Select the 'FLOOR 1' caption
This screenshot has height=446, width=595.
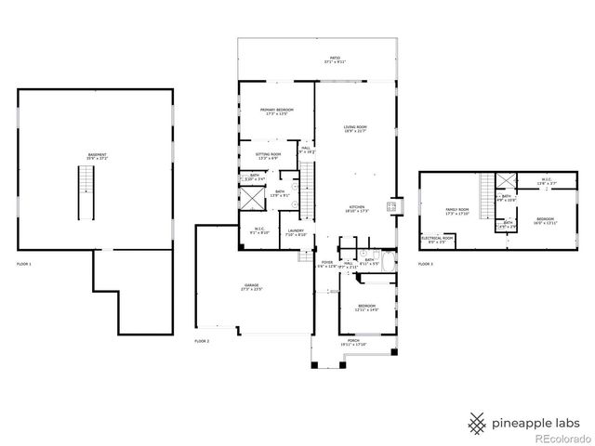coord(24,265)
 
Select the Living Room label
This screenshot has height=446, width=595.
coord(355,129)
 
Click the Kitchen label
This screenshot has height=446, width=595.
coord(357,208)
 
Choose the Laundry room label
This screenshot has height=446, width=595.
coord(296,232)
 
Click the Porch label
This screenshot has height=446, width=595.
coord(353,343)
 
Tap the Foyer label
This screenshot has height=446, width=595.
coord(326,265)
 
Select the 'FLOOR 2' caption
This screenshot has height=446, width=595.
coord(202,342)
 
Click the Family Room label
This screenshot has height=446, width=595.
coord(456,212)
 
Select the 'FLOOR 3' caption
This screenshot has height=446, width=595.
coord(425,265)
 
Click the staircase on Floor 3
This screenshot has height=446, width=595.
coord(483,194)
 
